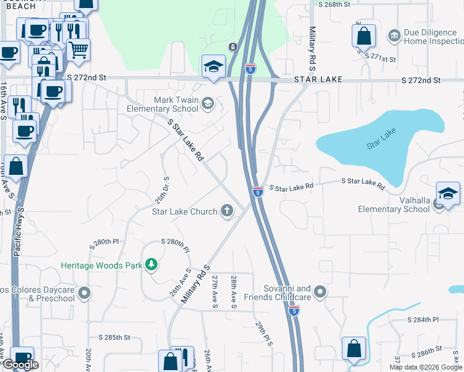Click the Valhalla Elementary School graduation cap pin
coord(447,193)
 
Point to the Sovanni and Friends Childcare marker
coord(320,291)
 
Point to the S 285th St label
coord(114,338)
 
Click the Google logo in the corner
coord(20,365)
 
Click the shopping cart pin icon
coord(79,50)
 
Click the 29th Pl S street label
coord(263,334)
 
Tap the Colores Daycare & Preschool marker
coord(84,292)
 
